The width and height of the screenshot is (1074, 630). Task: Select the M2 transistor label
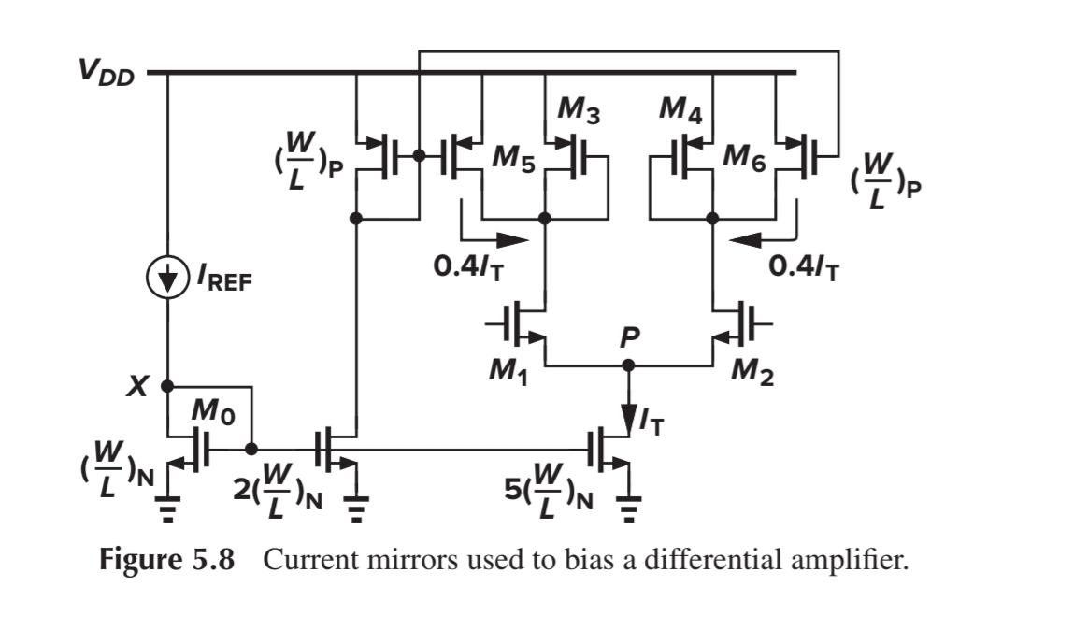click(x=753, y=372)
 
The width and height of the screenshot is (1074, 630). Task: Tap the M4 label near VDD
click(x=680, y=110)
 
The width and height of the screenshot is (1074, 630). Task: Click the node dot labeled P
click(x=628, y=365)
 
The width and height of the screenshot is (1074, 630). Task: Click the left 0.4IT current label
click(x=474, y=266)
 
